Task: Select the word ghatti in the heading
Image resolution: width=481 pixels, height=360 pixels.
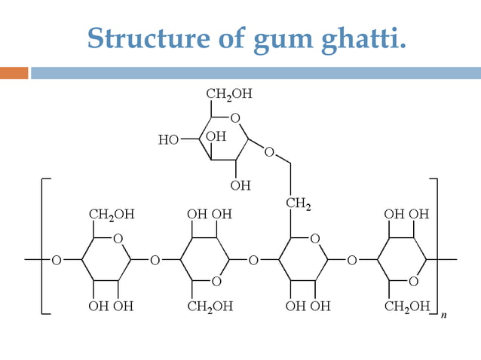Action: click(359, 38)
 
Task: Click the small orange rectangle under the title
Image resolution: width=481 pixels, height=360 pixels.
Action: click(14, 73)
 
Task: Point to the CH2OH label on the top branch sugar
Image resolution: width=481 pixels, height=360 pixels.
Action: click(229, 95)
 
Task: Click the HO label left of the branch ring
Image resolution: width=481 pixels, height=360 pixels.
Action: click(168, 139)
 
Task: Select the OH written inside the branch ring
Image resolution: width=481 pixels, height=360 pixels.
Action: click(216, 136)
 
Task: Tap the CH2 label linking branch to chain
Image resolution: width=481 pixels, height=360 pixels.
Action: click(299, 203)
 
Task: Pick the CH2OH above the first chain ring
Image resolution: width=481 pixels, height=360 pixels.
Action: click(112, 214)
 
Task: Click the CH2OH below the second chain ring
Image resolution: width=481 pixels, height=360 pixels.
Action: click(210, 306)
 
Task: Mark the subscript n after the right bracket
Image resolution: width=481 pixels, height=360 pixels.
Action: click(443, 316)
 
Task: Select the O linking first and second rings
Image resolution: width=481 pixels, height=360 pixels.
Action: click(155, 261)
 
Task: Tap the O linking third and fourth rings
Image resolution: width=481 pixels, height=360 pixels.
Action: click(351, 261)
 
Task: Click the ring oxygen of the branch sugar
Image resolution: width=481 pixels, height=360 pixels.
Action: click(235, 118)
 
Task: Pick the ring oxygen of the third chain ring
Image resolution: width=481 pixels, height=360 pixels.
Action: click(314, 239)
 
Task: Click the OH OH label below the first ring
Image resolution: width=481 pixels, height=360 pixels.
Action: click(112, 306)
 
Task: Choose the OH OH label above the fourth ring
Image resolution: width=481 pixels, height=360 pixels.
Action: click(407, 214)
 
